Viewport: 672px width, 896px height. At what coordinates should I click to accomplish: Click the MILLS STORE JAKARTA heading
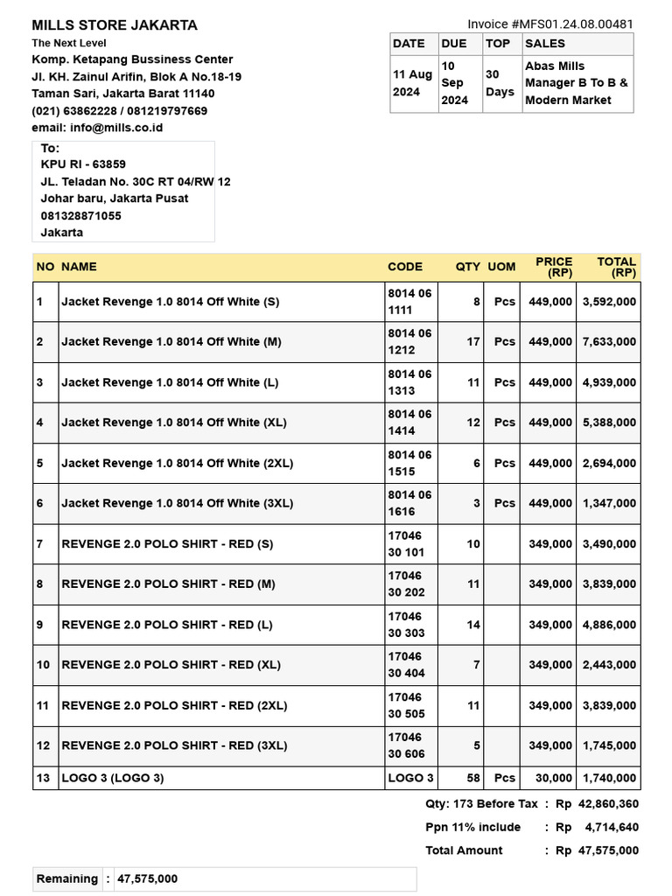pos(115,25)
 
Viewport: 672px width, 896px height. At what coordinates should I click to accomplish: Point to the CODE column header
pos(405,267)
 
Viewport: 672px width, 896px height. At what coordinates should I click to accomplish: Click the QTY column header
pos(468,267)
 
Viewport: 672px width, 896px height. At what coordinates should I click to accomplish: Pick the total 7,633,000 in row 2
pos(609,342)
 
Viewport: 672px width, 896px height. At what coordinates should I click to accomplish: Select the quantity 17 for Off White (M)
pos(472,342)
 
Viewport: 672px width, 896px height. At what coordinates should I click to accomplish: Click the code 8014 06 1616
pos(409,503)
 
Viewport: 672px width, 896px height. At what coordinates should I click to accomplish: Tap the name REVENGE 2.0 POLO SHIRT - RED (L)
pos(167,625)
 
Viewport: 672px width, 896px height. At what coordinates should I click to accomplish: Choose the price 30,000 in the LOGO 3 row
pos(554,778)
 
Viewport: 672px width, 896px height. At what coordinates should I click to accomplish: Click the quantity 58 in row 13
pos(472,778)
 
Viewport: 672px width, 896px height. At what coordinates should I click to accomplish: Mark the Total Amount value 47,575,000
pos(608,850)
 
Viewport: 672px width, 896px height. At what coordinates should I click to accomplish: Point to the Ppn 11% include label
pos(472,828)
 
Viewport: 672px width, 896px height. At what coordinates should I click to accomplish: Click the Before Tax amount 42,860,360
pos(608,804)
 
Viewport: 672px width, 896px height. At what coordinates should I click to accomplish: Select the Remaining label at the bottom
pos(67,879)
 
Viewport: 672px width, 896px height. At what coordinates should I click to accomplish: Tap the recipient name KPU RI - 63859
pos(83,164)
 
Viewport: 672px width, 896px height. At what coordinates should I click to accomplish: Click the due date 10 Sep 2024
pos(454,83)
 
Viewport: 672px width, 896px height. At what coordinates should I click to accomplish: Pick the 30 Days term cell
pos(500,83)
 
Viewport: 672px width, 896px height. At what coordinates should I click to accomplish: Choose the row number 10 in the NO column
pos(44,665)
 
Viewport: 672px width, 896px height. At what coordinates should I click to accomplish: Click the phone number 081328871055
pos(81,215)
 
